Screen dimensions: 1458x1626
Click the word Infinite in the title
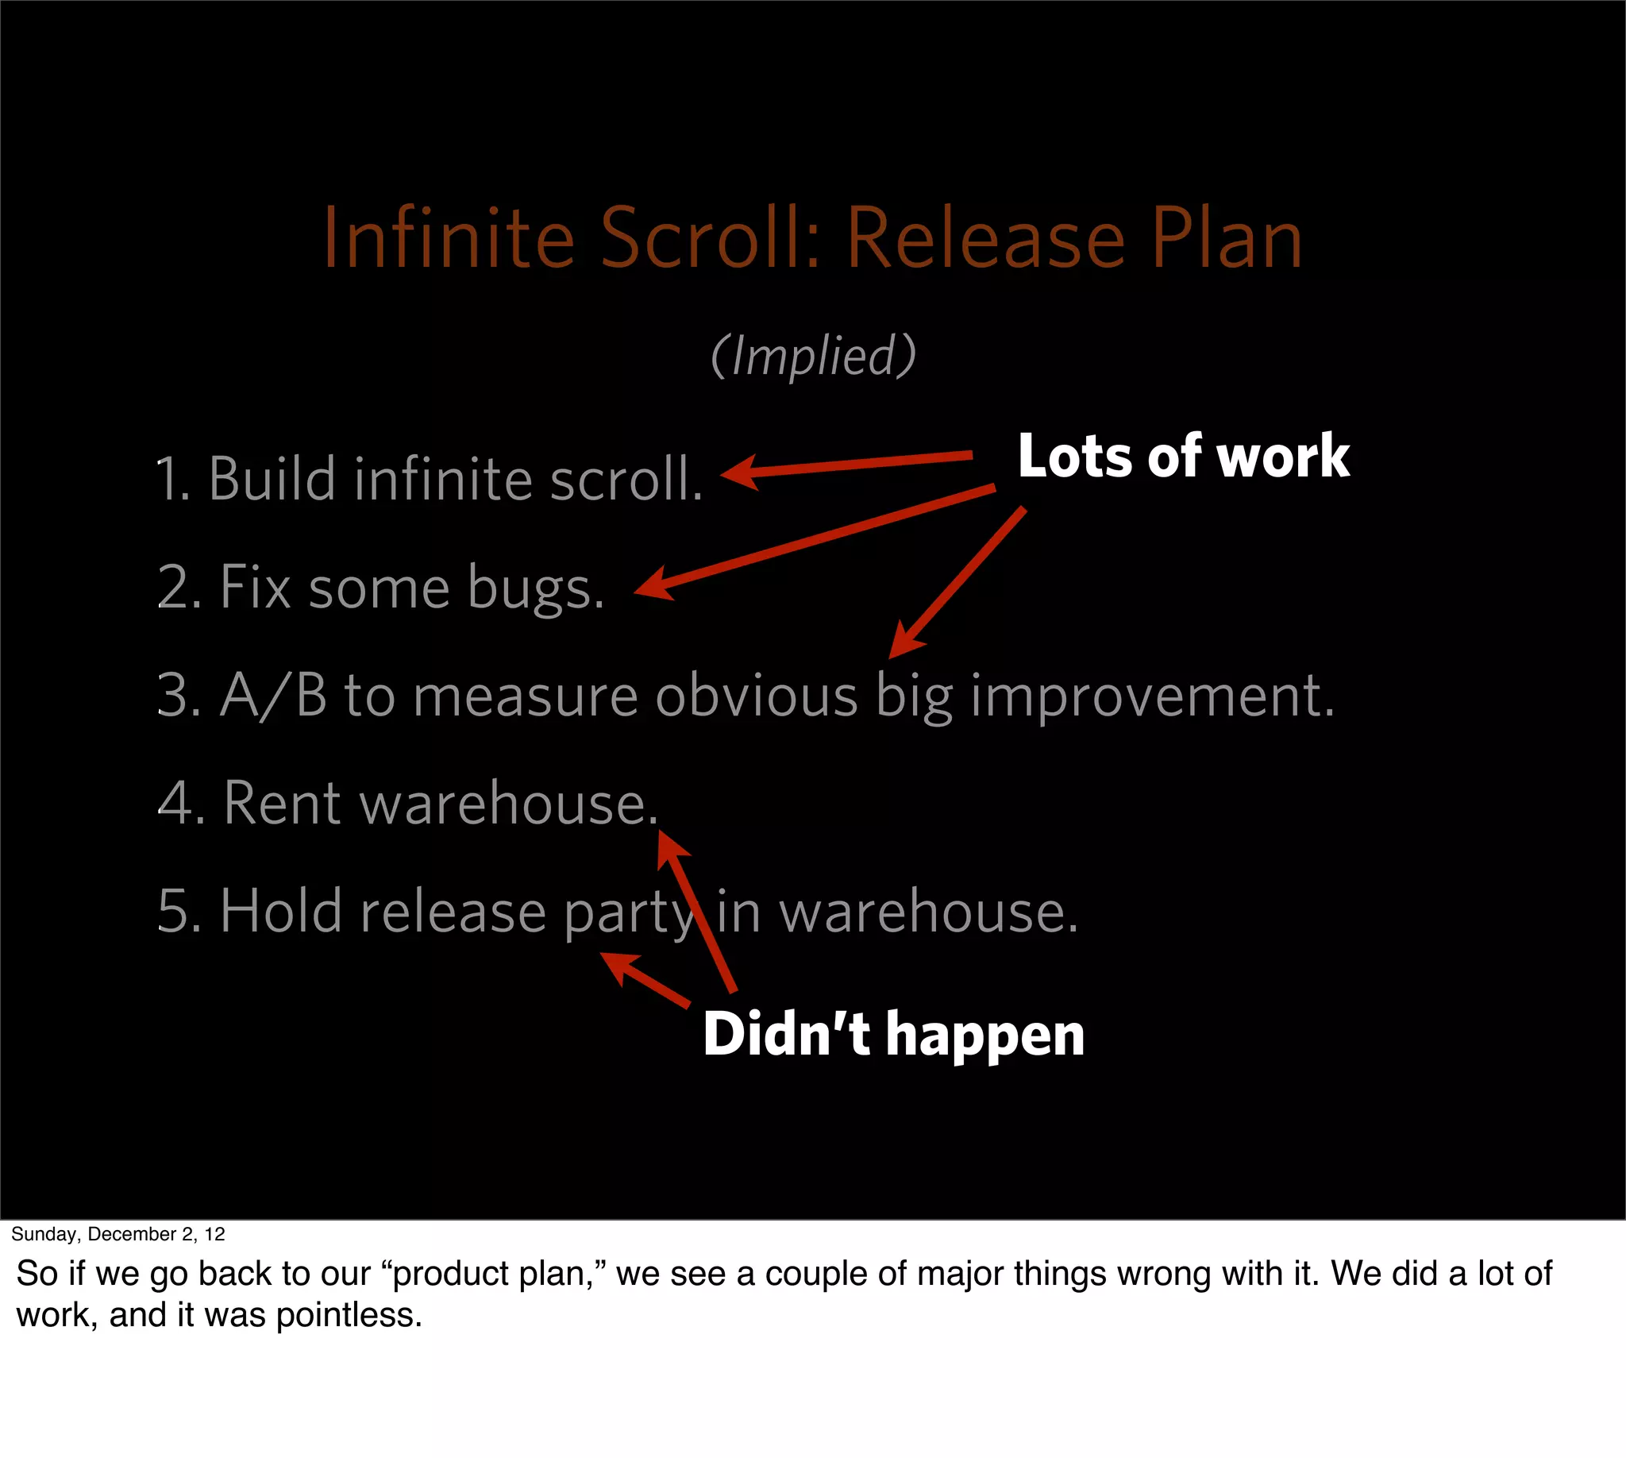click(x=449, y=239)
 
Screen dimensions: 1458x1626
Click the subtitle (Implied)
click(x=813, y=356)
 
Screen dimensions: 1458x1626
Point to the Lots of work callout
click(x=1183, y=456)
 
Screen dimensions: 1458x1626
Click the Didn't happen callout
click(x=893, y=1034)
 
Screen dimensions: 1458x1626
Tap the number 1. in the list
click(x=171, y=479)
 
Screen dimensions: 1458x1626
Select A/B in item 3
click(x=273, y=696)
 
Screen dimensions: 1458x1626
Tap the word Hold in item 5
click(x=281, y=911)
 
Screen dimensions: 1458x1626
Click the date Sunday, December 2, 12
click(x=118, y=1234)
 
